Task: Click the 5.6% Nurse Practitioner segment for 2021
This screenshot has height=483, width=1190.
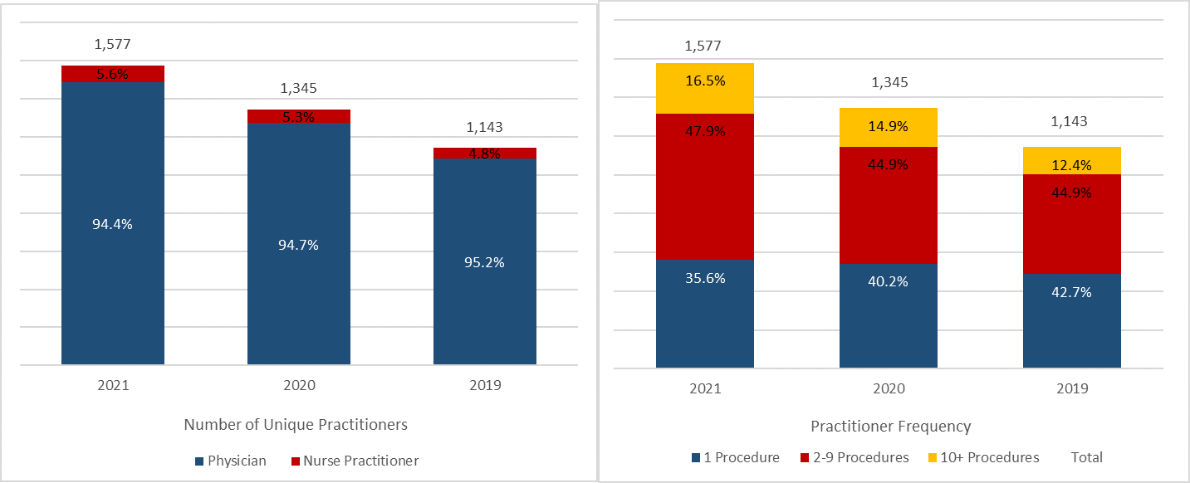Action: [x=113, y=74]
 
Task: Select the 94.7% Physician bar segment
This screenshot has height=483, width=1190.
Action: [x=299, y=244]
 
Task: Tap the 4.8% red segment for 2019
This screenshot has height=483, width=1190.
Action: [x=485, y=153]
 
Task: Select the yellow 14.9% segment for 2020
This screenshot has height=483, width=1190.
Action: [x=889, y=127]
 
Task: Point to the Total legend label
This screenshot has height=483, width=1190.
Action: [x=1087, y=457]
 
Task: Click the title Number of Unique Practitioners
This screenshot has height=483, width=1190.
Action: [x=296, y=424]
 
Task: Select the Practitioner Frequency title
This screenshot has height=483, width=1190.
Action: [x=890, y=427]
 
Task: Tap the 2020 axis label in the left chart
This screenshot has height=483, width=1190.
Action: [x=299, y=386]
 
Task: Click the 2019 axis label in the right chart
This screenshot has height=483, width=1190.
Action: [x=1072, y=388]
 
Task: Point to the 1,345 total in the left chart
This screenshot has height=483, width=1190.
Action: [x=299, y=89]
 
